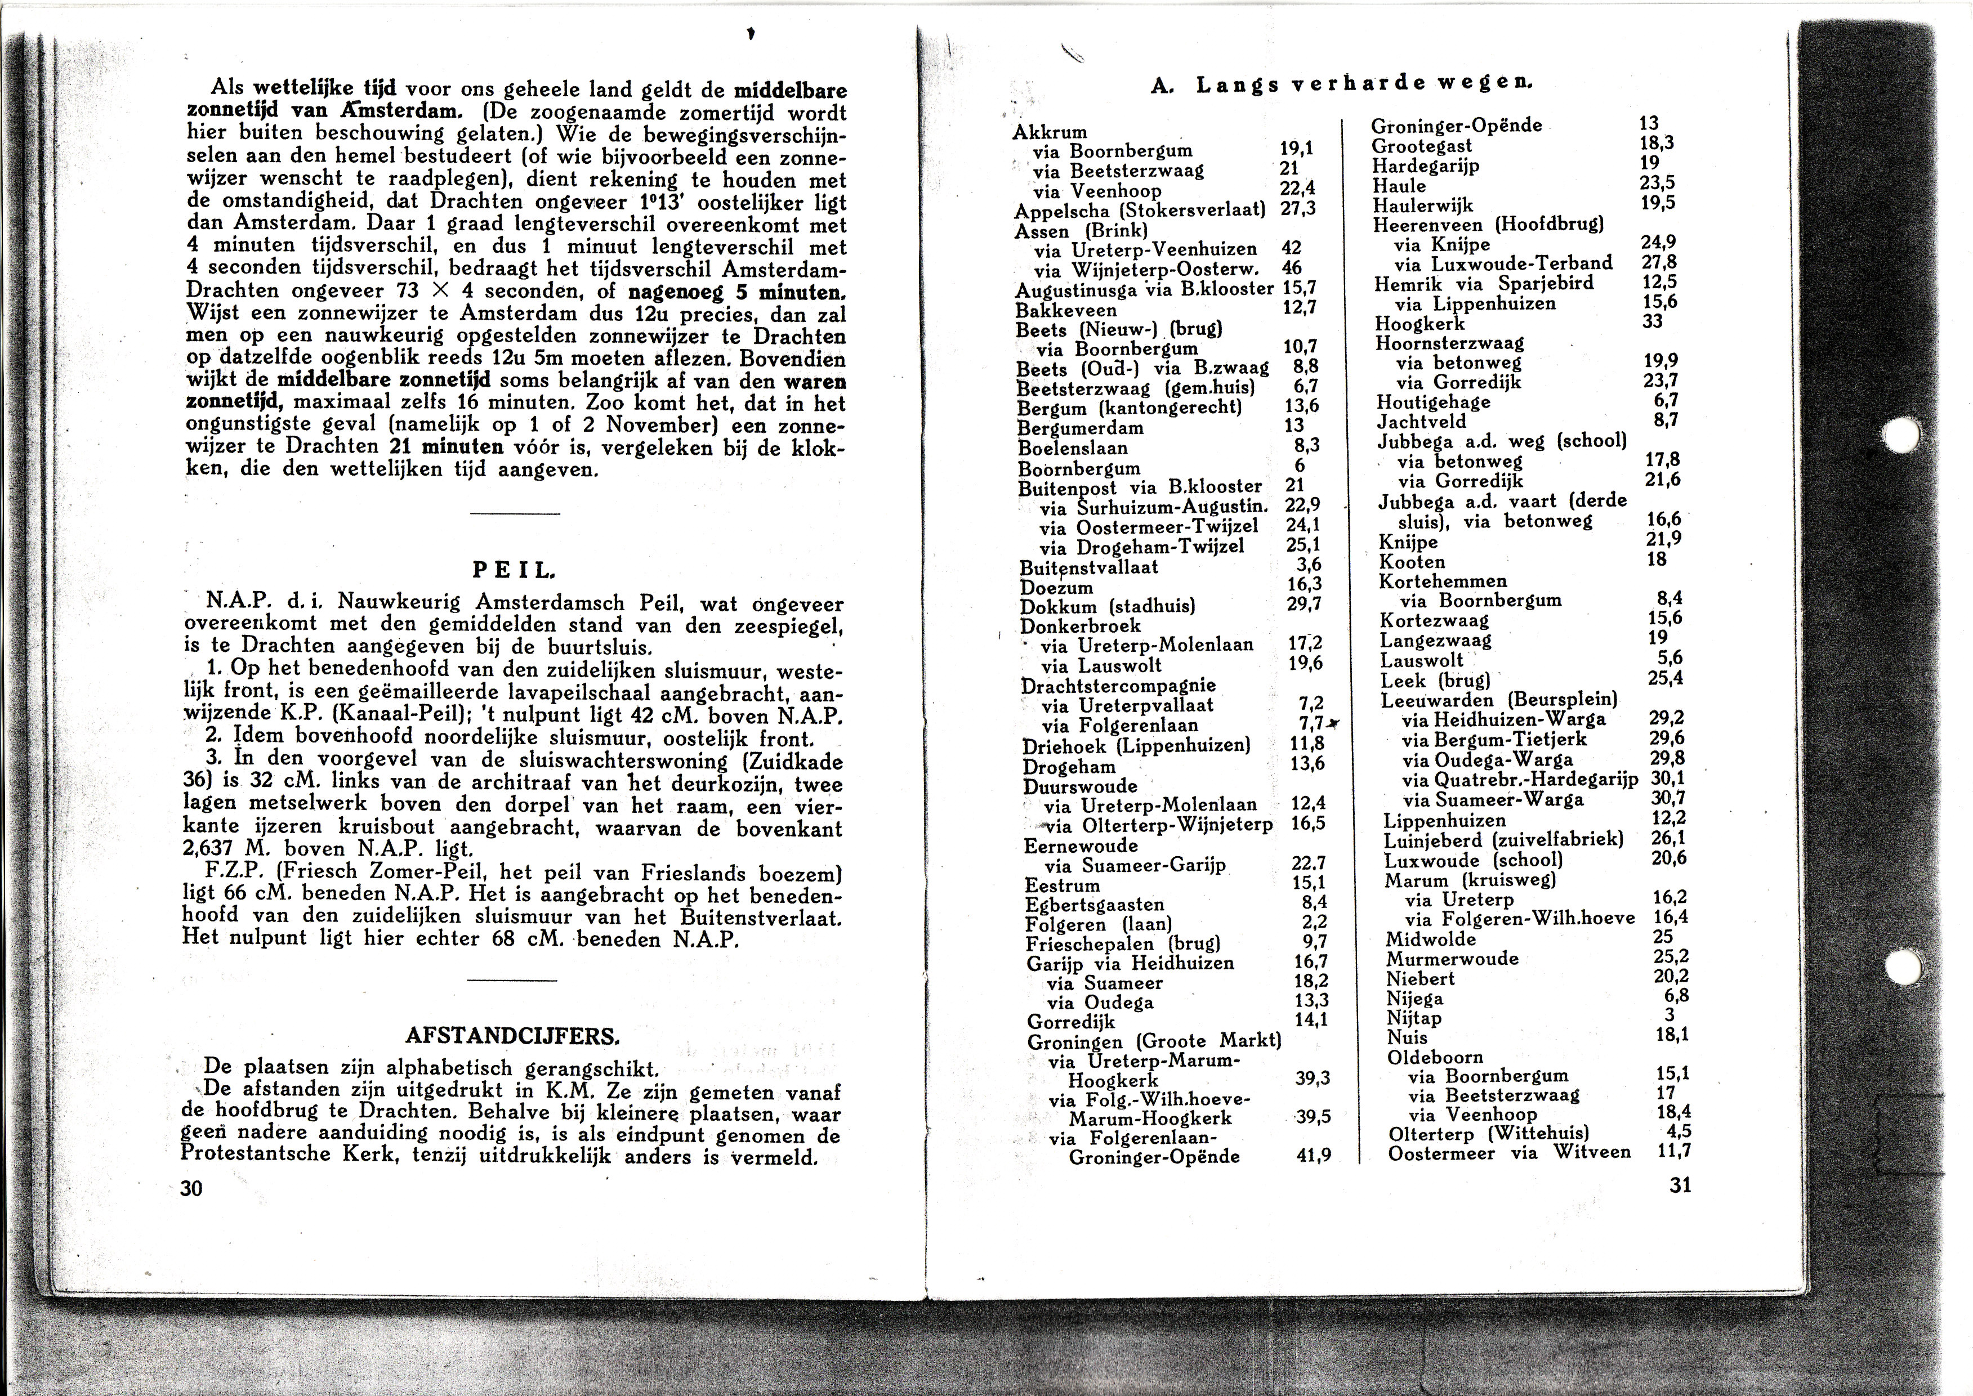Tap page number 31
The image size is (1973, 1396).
tap(1680, 1184)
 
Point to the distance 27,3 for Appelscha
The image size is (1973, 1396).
tap(1298, 209)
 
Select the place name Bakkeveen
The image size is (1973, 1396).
tap(1066, 310)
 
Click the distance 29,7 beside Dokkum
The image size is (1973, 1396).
tap(1304, 605)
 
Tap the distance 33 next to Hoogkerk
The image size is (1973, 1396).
tap(1653, 321)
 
